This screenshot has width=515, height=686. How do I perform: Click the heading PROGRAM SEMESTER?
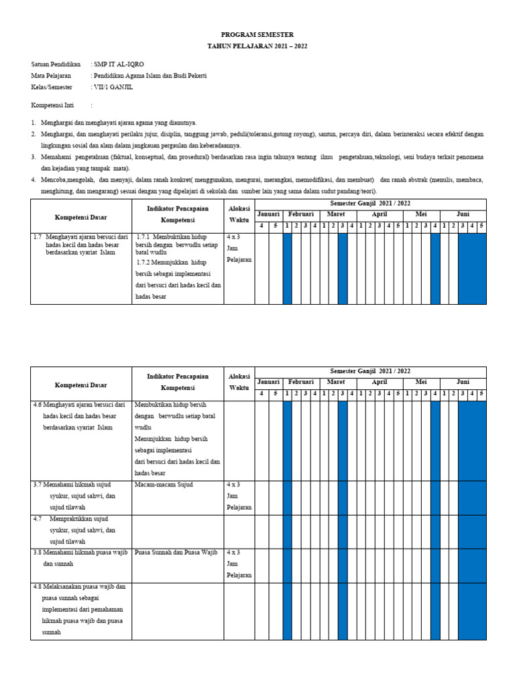point(257,34)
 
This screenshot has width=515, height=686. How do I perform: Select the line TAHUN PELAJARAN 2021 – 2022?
point(257,46)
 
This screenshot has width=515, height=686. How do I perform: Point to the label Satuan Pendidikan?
point(56,64)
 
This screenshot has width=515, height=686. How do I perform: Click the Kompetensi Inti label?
point(52,105)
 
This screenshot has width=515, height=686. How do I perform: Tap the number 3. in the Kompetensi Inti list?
point(34,156)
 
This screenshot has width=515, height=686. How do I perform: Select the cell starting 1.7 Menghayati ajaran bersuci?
point(80,245)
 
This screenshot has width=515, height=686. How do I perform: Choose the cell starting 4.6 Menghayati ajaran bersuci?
point(80,416)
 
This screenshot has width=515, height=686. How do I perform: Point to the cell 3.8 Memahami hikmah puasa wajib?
point(80,558)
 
